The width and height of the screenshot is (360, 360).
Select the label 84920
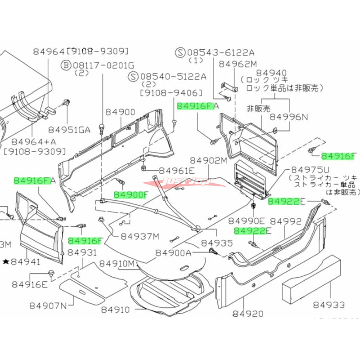[248, 314]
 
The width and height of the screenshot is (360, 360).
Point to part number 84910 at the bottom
[115, 310]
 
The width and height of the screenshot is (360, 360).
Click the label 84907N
[48, 306]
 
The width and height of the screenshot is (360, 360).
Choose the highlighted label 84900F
[130, 195]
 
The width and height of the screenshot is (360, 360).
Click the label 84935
[217, 243]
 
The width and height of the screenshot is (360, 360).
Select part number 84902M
[208, 161]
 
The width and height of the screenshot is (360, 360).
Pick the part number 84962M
[238, 64]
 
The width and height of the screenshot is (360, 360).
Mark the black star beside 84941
[5, 261]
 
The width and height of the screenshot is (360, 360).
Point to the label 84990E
[246, 221]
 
